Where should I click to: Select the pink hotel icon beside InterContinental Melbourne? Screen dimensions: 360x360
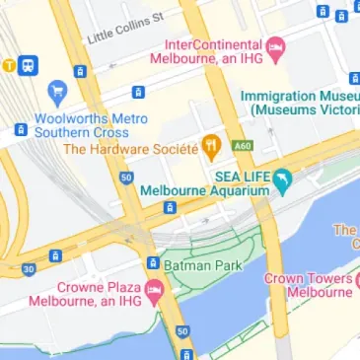276,46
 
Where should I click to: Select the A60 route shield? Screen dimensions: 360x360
243,147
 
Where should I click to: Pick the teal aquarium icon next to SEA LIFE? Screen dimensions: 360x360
282,180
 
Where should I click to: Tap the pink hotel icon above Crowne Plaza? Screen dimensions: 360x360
153,289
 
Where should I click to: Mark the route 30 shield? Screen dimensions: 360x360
29,268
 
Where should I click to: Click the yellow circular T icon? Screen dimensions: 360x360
9,65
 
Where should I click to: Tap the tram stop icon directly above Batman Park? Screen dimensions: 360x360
153,262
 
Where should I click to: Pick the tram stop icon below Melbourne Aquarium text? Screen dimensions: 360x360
171,207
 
